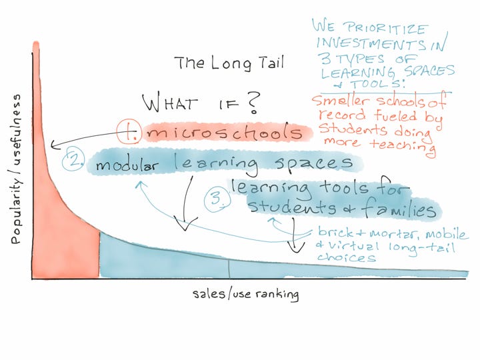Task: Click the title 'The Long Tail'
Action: (x=229, y=63)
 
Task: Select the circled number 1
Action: (x=129, y=131)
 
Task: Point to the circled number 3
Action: (x=217, y=199)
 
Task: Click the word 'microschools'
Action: (x=225, y=133)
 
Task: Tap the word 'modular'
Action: (x=127, y=165)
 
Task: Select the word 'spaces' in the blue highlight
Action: (x=315, y=163)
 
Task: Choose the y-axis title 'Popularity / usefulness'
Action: (x=17, y=169)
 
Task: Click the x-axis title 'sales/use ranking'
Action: (x=246, y=294)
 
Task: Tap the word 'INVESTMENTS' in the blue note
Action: (x=371, y=44)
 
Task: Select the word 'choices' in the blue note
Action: (x=347, y=257)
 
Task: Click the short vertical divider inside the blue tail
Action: (x=229, y=269)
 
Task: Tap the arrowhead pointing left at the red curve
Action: (x=55, y=145)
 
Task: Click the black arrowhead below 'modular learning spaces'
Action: (x=185, y=223)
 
